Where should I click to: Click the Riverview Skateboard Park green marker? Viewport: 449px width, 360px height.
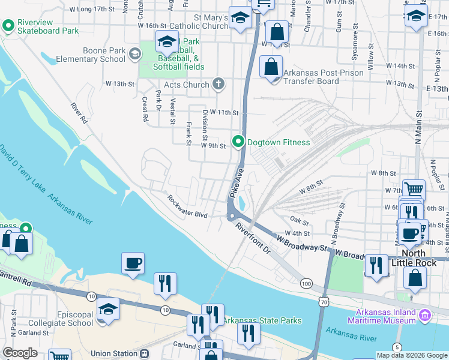pyautogui.click(x=8, y=26)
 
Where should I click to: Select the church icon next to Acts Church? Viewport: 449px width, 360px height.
pyautogui.click(x=219, y=85)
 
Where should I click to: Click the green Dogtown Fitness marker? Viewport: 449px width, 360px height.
pyautogui.click(x=238, y=142)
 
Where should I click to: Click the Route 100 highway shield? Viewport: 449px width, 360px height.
pyautogui.click(x=307, y=283)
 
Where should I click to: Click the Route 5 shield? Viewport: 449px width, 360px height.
pyautogui.click(x=397, y=347)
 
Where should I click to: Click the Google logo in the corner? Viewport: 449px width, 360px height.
pyautogui.click(x=20, y=353)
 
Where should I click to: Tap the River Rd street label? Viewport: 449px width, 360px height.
pyautogui.click(x=79, y=113)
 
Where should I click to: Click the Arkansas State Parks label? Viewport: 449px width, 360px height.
pyautogui.click(x=262, y=321)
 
